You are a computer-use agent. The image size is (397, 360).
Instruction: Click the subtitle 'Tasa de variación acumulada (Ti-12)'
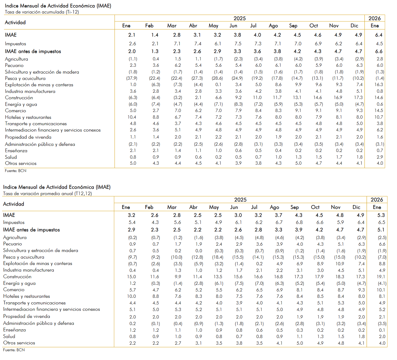pyautogui.click(x=42, y=12)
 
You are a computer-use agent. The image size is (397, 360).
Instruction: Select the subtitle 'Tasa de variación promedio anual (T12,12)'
pyautogui.click(x=47, y=193)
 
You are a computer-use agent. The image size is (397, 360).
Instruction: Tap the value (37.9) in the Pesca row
pyautogui.click(x=132, y=78)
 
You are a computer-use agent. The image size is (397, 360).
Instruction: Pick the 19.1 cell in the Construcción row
pyautogui.click(x=381, y=277)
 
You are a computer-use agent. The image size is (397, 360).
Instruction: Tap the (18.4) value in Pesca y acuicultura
pyautogui.click(x=218, y=257)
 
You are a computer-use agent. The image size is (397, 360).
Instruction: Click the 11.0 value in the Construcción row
pyautogui.click(x=257, y=98)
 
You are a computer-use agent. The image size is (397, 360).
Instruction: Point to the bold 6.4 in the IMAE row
pyautogui.click(x=379, y=35)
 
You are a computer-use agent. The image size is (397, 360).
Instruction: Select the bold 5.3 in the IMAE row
pyautogui.click(x=381, y=215)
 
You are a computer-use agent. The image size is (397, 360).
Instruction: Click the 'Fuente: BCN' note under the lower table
pyautogui.click(x=14, y=350)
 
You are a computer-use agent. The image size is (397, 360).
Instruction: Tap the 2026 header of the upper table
pyautogui.click(x=374, y=18)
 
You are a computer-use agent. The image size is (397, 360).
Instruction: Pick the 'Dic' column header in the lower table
pyautogui.click(x=356, y=207)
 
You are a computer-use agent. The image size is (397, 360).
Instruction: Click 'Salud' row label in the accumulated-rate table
pyautogui.click(x=11, y=157)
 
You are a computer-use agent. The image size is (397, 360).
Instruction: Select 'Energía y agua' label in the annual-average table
pyautogui.click(x=19, y=283)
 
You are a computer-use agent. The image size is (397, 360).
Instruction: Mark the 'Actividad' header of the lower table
pyautogui.click(x=14, y=204)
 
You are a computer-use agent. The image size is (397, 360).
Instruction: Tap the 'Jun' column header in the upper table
pyautogui.click(x=233, y=26)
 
